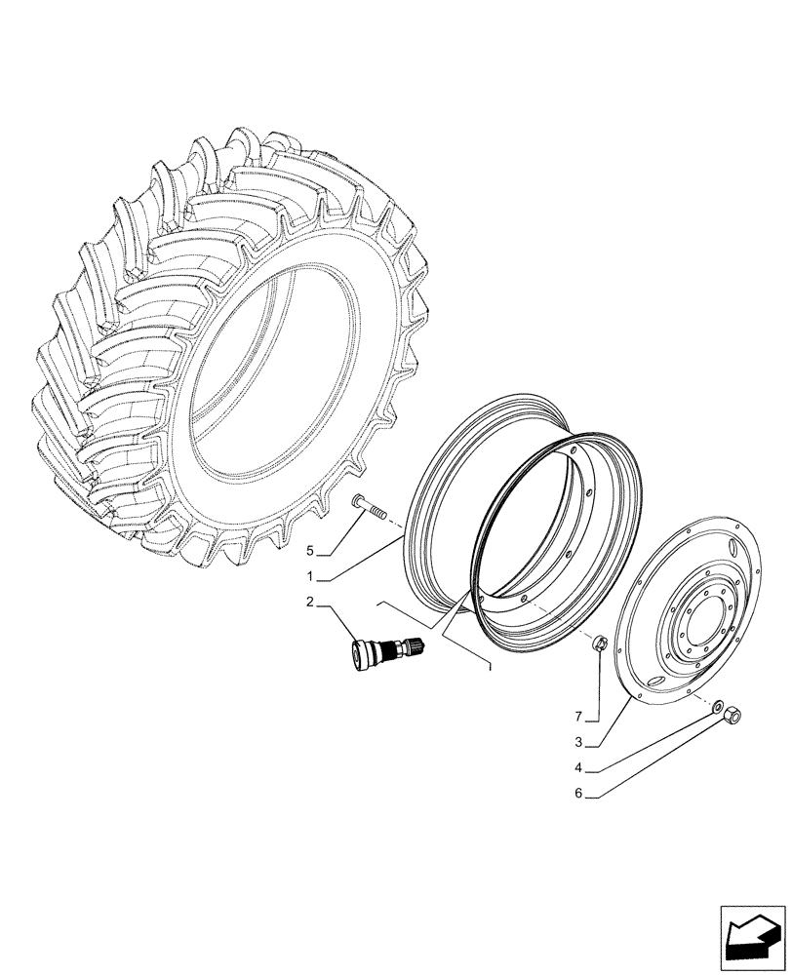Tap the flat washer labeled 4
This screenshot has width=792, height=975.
(718, 704)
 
